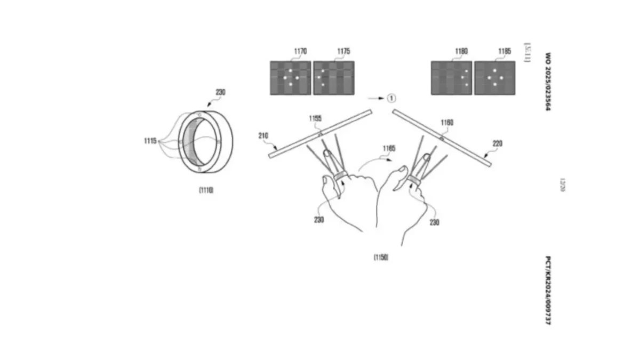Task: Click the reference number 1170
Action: pos(300,52)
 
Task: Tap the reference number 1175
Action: pos(343,52)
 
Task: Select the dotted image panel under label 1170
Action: pos(291,78)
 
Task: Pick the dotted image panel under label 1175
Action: pos(333,78)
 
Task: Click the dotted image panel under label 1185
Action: pos(494,78)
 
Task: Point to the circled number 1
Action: pos(392,98)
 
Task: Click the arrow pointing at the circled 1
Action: pos(376,98)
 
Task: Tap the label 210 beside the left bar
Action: pos(263,135)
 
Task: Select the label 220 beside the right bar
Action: pos(497,143)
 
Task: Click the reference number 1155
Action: pos(315,118)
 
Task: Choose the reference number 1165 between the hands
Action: pos(388,149)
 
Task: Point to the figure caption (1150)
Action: pos(381,257)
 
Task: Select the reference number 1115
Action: pos(150,141)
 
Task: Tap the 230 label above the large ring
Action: pos(220,92)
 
